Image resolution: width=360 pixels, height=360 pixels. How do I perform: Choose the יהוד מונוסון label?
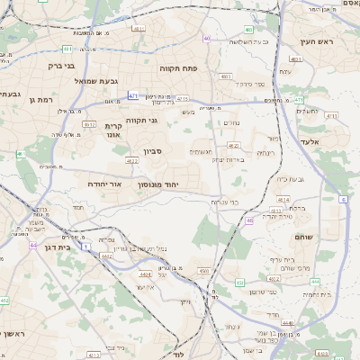pos(160,184)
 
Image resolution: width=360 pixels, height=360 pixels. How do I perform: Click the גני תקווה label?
pos(139,120)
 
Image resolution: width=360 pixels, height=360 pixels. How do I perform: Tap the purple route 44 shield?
pos(32,244)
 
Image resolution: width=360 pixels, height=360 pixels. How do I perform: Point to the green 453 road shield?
pos(239,283)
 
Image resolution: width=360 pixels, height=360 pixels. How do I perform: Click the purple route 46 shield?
pos(248,219)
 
